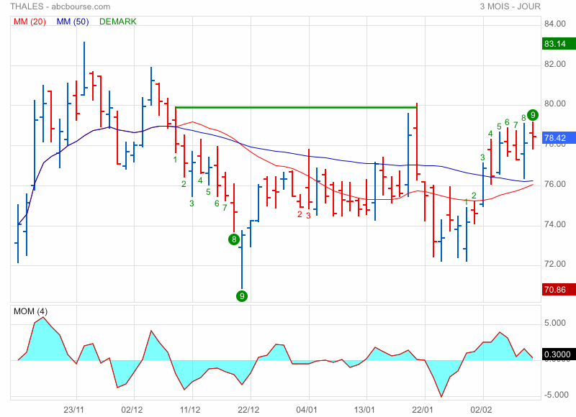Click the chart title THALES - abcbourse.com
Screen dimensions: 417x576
coord(55,6)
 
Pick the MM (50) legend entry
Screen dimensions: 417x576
coord(73,22)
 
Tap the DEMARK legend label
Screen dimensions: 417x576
coord(118,22)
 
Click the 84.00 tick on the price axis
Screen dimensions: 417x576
coord(554,24)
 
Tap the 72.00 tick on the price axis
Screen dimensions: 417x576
coord(554,264)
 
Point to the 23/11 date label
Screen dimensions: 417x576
coord(75,409)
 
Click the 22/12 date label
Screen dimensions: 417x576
coord(248,409)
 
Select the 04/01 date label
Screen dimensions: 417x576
coord(307,409)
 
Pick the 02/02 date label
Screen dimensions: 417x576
coord(481,409)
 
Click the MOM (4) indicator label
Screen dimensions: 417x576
coord(32,311)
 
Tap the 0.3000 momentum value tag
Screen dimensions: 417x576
coord(558,354)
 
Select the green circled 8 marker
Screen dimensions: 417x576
coord(234,239)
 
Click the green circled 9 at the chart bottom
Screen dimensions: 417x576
coord(242,295)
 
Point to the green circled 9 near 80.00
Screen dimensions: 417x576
coord(532,114)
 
